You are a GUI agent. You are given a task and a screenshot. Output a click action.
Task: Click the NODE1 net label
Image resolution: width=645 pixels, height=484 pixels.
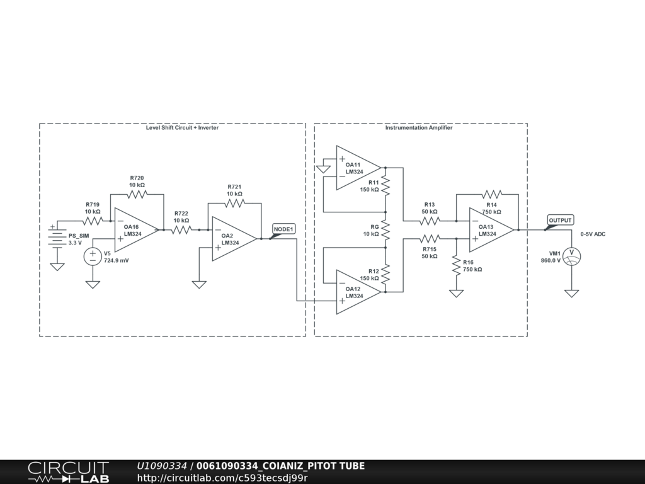283,229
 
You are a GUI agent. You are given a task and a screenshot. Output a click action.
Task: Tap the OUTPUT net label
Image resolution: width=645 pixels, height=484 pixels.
560,221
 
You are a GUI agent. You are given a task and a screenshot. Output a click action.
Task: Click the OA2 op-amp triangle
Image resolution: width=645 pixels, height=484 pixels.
232,239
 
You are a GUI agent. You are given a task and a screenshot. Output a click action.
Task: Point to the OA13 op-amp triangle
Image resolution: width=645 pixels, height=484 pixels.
490,230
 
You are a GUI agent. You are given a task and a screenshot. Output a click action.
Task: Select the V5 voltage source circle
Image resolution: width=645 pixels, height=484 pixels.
93,256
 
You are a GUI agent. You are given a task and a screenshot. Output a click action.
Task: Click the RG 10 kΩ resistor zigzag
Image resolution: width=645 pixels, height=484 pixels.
385,230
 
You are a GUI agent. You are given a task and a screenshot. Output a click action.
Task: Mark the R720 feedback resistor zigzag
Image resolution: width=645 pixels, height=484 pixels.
137,194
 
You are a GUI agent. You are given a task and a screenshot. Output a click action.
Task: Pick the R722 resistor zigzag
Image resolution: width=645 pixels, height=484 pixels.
181,230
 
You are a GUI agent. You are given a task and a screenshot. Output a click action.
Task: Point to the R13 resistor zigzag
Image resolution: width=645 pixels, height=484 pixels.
430,221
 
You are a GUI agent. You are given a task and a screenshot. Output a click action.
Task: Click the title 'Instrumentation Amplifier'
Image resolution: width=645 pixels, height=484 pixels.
419,128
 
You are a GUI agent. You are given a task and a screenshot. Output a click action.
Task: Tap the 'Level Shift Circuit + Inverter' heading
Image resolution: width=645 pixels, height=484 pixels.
182,128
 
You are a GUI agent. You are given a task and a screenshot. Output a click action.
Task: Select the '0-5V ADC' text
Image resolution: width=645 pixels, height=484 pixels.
593,234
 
